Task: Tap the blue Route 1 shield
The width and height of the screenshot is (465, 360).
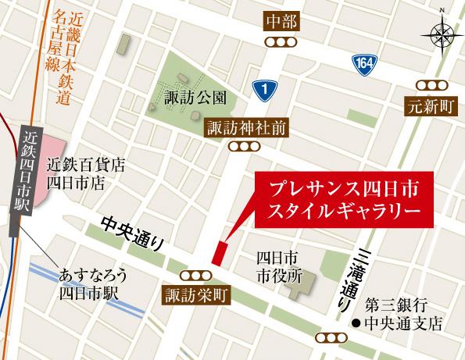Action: [x=266, y=91]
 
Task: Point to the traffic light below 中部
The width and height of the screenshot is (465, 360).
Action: [x=280, y=42]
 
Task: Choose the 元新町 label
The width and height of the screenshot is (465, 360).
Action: [x=431, y=106]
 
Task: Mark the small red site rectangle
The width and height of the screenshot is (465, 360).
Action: [x=220, y=253]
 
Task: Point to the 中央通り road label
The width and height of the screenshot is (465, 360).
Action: [x=134, y=233]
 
